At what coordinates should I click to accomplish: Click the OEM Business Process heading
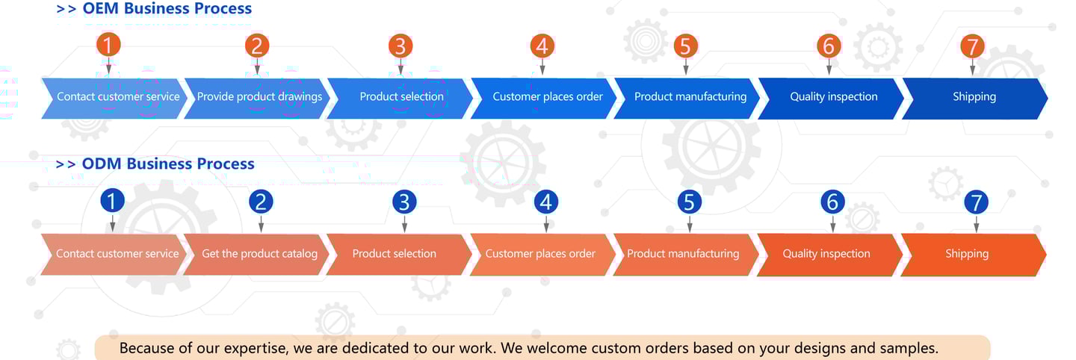pyautogui.click(x=155, y=9)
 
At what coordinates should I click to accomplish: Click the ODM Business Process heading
pyautogui.click(x=156, y=164)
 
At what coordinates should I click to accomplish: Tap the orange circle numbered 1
pyautogui.click(x=108, y=45)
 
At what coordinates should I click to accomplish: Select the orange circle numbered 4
pyautogui.click(x=542, y=46)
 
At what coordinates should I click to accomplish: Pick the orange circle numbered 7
pyautogui.click(x=972, y=46)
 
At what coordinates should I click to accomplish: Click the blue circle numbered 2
pyautogui.click(x=261, y=201)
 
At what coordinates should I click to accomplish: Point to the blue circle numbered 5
pyautogui.click(x=689, y=202)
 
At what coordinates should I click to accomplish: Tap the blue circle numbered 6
pyautogui.click(x=832, y=202)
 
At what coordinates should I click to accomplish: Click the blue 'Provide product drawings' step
pyautogui.click(x=259, y=97)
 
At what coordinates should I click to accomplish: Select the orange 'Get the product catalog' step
pyautogui.click(x=259, y=254)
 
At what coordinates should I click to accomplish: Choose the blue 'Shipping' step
pyautogui.click(x=974, y=97)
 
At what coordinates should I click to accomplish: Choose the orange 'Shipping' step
pyautogui.click(x=966, y=254)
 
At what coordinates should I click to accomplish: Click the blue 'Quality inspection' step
pyautogui.click(x=833, y=97)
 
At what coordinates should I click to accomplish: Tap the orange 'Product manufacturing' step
pyautogui.click(x=683, y=254)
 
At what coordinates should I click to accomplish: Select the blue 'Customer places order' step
pyautogui.click(x=547, y=97)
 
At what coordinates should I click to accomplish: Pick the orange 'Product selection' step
pyautogui.click(x=394, y=254)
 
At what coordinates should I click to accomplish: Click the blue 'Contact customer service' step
pyautogui.click(x=118, y=97)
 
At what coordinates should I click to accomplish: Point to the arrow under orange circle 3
pyautogui.click(x=401, y=66)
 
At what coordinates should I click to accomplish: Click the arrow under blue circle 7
pyautogui.click(x=976, y=223)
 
